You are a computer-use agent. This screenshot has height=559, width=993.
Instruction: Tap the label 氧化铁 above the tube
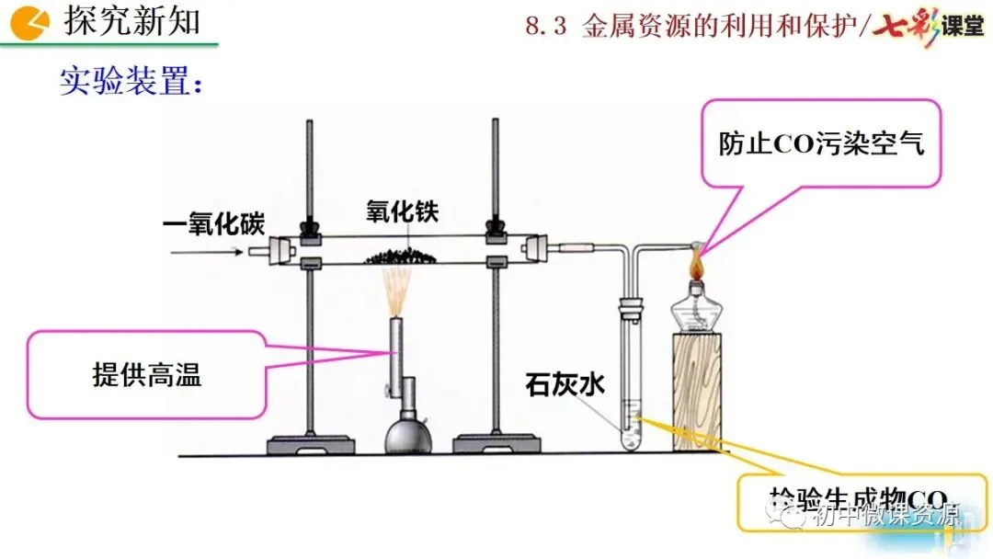pyautogui.click(x=402, y=213)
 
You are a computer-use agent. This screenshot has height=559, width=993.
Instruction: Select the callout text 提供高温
pyautogui.click(x=147, y=374)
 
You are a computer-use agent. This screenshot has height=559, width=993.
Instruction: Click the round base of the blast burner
pyautogui.click(x=408, y=438)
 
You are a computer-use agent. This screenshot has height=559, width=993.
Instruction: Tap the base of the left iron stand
pyautogui.click(x=311, y=445)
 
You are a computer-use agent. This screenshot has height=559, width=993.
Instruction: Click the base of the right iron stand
pyautogui.click(x=497, y=445)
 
